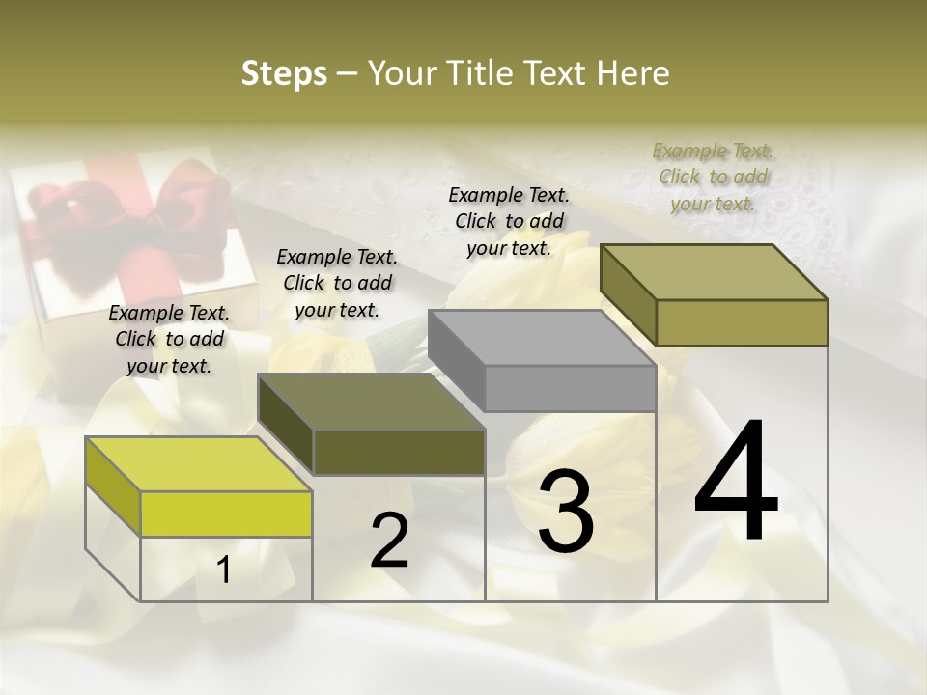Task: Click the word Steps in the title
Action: pyautogui.click(x=284, y=73)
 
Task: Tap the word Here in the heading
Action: pyautogui.click(x=632, y=73)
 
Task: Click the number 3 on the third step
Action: pyautogui.click(x=565, y=512)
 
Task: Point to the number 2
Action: pyautogui.click(x=389, y=542)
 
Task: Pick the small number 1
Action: pyautogui.click(x=224, y=570)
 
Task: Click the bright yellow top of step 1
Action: pyautogui.click(x=198, y=463)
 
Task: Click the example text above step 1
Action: pyautogui.click(x=169, y=339)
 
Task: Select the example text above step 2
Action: pyautogui.click(x=337, y=283)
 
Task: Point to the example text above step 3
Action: pyautogui.click(x=509, y=221)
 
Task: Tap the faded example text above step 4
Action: pyautogui.click(x=713, y=177)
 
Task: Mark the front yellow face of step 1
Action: pyautogui.click(x=226, y=514)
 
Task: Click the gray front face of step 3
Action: pyautogui.click(x=570, y=389)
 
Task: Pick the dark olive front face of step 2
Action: pyautogui.click(x=399, y=452)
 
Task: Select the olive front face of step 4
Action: pyautogui.click(x=742, y=322)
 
